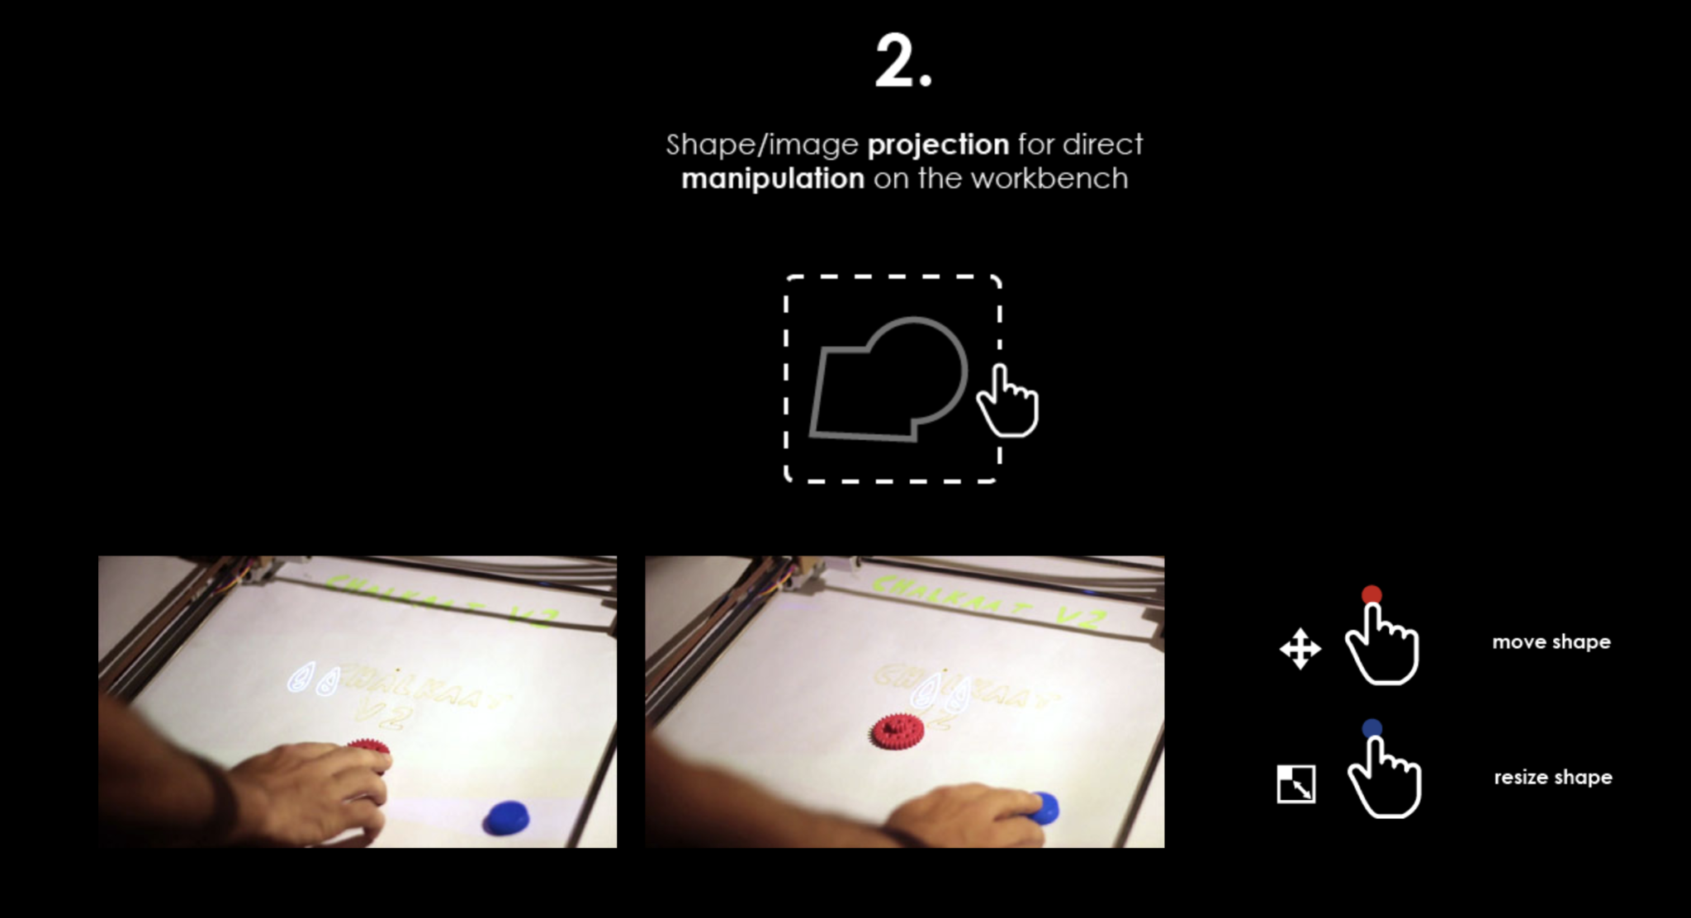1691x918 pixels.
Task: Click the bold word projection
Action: pyautogui.click(x=938, y=145)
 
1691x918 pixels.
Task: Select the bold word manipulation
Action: pyautogui.click(x=773, y=179)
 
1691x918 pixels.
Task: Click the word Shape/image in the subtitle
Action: pyautogui.click(x=761, y=145)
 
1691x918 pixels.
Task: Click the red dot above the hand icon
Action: pyautogui.click(x=1371, y=594)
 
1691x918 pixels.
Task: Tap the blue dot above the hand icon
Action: pyautogui.click(x=1371, y=728)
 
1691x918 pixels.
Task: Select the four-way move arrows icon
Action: pyautogui.click(x=1300, y=649)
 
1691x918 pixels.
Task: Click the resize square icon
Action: pyautogui.click(x=1296, y=783)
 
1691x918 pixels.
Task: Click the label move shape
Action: pyautogui.click(x=1551, y=642)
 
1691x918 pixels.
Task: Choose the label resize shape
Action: pyautogui.click(x=1552, y=778)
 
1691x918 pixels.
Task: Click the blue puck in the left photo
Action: pyautogui.click(x=506, y=816)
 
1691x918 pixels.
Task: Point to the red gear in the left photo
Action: pyautogui.click(x=369, y=746)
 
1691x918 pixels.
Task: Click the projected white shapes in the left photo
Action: pyautogui.click(x=314, y=679)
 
